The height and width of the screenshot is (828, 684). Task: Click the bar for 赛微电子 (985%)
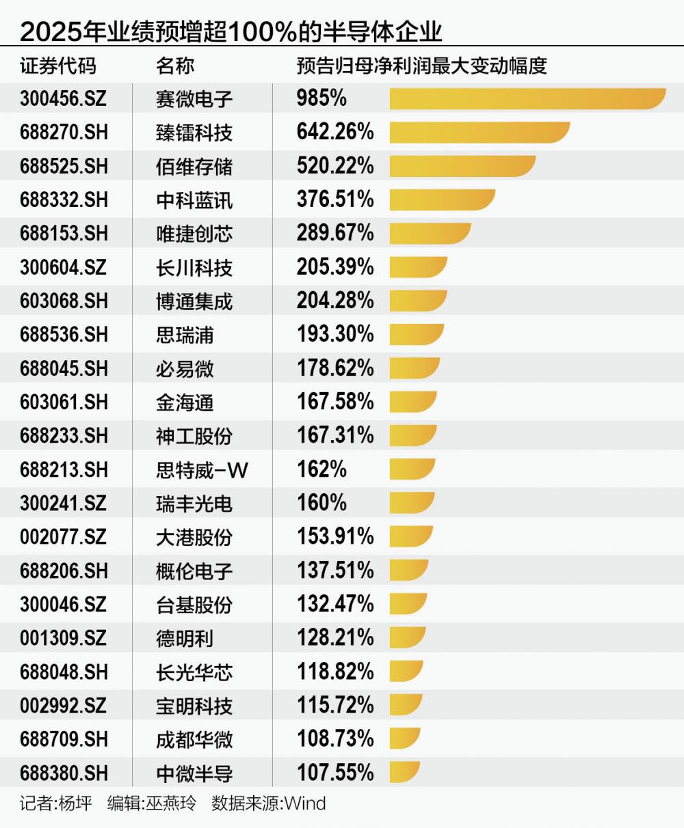click(527, 98)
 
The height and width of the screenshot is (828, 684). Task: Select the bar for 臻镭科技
click(479, 132)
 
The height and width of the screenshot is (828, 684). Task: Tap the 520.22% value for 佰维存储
click(335, 165)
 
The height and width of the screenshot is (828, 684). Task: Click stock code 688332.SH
click(64, 199)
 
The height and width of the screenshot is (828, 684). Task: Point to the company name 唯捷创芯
click(194, 234)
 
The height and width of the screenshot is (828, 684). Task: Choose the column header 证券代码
click(58, 66)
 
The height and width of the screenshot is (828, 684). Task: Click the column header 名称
click(175, 66)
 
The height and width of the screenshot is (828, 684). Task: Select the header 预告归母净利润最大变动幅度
click(421, 66)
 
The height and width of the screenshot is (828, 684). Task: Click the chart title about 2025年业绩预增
click(231, 31)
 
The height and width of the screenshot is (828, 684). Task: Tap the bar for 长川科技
click(418, 267)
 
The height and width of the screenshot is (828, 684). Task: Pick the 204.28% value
click(335, 301)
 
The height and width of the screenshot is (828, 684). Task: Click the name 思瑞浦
click(185, 335)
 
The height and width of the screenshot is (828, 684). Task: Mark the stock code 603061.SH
click(64, 402)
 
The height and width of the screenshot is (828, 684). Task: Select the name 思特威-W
click(202, 469)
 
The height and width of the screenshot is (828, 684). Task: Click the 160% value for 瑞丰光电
click(321, 503)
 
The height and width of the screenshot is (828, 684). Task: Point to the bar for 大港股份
click(411, 536)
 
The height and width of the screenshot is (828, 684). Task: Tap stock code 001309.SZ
click(63, 637)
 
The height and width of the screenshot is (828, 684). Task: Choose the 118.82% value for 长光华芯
click(335, 672)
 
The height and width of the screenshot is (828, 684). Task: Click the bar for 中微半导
click(404, 773)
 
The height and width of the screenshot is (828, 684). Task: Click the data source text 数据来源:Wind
click(269, 803)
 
